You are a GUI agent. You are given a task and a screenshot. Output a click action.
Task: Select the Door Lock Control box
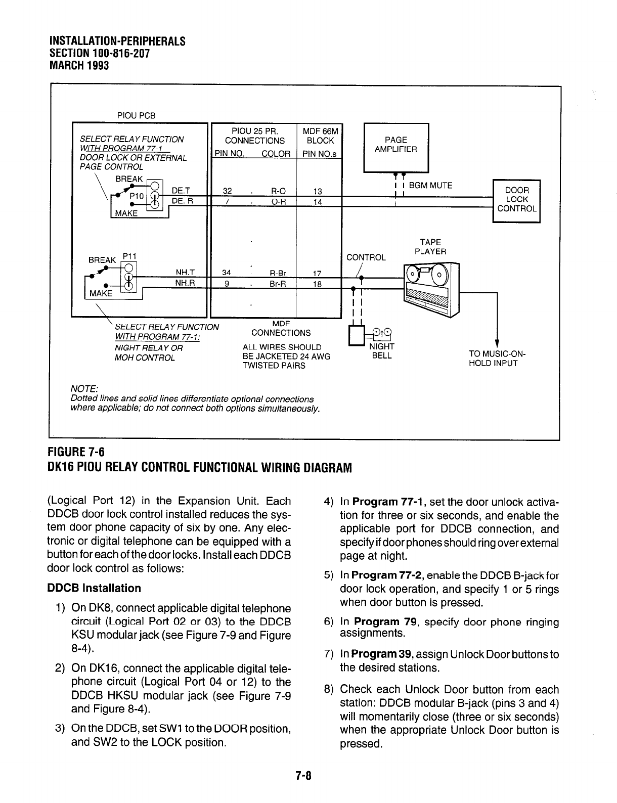[516, 200]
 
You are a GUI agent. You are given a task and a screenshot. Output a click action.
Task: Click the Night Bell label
[382, 351]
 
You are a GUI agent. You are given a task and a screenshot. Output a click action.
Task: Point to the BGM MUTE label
[430, 186]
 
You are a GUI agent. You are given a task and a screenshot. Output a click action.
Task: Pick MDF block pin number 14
[318, 202]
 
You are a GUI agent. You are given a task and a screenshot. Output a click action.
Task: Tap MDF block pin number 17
[317, 273]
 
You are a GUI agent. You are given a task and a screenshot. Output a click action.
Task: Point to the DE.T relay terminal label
[181, 191]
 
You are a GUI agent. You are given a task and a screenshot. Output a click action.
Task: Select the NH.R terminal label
[185, 283]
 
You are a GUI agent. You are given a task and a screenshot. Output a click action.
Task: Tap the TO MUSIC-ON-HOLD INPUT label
[498, 359]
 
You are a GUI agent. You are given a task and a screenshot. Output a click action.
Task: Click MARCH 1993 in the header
[79, 65]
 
